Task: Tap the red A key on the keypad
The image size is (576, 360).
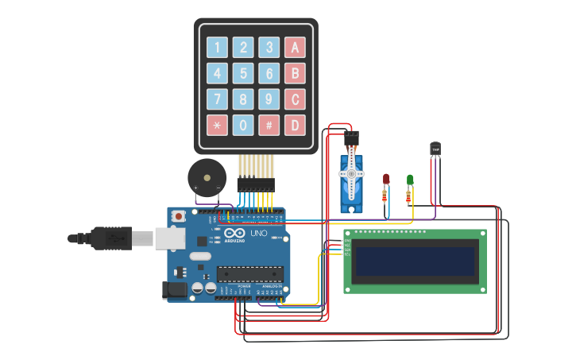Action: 295,48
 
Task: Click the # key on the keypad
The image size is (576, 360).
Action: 269,125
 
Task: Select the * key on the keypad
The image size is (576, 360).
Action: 217,125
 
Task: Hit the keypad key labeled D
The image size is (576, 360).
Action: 295,125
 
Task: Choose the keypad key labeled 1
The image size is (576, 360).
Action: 217,48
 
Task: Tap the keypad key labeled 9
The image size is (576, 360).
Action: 269,99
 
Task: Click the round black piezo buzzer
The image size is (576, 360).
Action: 206,176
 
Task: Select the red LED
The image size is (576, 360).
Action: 386,179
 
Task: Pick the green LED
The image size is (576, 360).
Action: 410,180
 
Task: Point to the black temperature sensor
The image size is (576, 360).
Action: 435,149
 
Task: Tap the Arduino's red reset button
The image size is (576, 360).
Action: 180,215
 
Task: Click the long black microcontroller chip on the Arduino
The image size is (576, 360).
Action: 250,274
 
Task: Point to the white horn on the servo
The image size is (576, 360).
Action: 351,172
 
